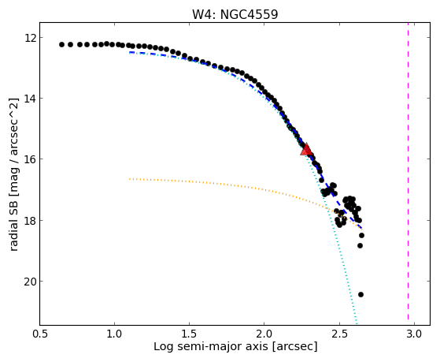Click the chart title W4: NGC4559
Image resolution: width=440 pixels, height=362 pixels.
235,14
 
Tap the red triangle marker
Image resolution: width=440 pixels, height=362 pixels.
306,149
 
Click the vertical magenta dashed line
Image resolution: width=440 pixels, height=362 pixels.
408,174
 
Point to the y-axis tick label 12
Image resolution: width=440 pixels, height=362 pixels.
30,37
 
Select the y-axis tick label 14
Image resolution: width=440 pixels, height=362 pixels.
30,98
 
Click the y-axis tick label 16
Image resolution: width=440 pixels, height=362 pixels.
30,159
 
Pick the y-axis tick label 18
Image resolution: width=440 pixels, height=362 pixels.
30,220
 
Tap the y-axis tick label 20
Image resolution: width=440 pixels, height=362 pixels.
30,282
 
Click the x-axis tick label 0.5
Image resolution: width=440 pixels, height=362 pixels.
40,334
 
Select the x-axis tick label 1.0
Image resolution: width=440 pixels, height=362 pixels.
114,334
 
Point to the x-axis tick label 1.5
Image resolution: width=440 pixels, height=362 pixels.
190,334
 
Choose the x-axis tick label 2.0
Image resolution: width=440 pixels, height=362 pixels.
264,334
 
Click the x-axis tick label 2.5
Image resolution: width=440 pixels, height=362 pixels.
339,334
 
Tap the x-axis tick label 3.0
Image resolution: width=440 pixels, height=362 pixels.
414,334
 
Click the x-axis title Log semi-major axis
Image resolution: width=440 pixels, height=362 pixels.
211,346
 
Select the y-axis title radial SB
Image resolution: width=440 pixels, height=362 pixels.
13,225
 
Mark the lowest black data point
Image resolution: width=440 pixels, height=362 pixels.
361,294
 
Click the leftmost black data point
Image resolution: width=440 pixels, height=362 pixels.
61,44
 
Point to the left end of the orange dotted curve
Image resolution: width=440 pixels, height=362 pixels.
129,178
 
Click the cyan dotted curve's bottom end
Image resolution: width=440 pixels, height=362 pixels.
357,324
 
